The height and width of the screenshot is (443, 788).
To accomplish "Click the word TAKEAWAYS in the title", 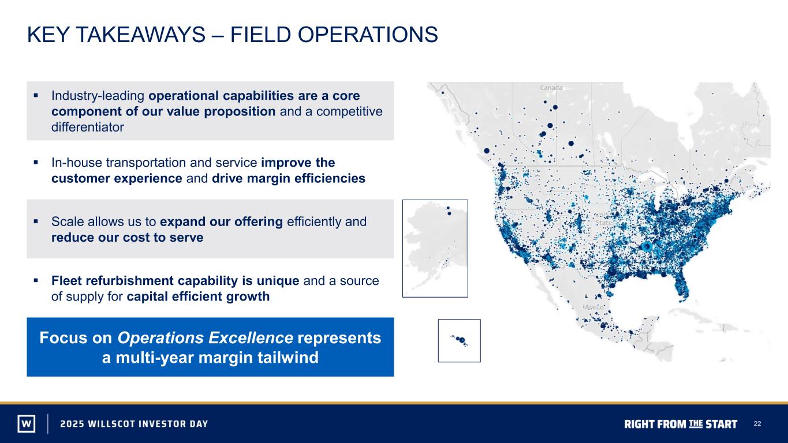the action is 140,35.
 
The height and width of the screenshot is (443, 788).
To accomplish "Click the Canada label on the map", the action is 551,88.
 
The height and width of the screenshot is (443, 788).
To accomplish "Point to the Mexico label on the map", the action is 594,307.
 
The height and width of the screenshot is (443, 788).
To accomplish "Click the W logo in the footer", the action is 27,423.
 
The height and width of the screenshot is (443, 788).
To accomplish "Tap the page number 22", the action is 757,423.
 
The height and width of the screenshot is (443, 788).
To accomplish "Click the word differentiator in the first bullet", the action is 88,127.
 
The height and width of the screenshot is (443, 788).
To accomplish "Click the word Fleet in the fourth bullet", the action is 66,281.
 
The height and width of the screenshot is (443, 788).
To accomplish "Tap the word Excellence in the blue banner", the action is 251,338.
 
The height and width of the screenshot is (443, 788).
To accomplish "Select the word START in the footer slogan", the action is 721,424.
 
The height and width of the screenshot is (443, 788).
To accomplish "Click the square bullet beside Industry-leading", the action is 36,95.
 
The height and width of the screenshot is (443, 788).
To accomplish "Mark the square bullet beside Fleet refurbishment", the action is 36,280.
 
